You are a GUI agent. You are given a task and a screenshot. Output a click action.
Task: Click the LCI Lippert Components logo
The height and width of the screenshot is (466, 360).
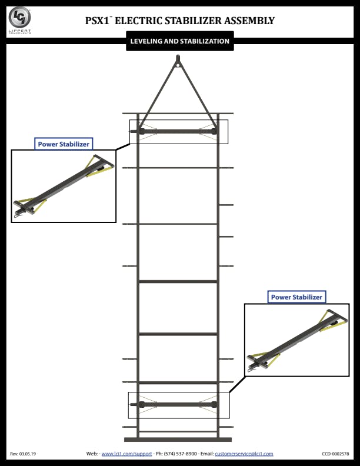click(x=19, y=20)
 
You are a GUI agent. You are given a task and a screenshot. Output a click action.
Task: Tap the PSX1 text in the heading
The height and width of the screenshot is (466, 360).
click(x=97, y=21)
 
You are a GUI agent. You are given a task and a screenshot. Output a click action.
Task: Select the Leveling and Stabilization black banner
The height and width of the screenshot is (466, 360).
click(x=179, y=41)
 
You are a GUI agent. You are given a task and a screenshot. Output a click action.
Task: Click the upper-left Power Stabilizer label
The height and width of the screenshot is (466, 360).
click(x=64, y=144)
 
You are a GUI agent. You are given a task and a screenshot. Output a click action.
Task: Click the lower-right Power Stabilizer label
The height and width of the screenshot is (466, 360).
click(x=296, y=297)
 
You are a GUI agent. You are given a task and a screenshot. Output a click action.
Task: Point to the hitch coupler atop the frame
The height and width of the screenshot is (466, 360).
click(x=178, y=61)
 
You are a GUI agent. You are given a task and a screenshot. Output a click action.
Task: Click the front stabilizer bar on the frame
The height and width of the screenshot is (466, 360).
click(x=178, y=131)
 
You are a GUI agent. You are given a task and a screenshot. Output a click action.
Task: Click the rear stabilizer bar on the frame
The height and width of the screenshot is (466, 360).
click(x=178, y=404)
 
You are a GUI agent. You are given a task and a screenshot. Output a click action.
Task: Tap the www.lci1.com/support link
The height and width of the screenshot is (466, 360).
click(x=126, y=454)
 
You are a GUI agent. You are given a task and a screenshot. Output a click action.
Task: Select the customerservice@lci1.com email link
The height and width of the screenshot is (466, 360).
click(x=244, y=454)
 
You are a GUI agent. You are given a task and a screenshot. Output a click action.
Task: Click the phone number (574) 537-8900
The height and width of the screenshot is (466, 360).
click(x=181, y=454)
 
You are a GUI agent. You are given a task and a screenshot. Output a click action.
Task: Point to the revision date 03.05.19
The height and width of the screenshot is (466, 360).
click(x=28, y=454)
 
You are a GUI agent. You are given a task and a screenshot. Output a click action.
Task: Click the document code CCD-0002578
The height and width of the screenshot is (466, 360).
click(x=335, y=454)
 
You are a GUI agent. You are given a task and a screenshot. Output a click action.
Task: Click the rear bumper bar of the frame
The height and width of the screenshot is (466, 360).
click(x=178, y=440)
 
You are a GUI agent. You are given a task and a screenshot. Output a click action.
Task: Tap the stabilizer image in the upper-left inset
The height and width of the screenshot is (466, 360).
click(x=64, y=187)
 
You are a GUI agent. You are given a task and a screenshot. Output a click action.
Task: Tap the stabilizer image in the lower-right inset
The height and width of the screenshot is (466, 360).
click(x=296, y=340)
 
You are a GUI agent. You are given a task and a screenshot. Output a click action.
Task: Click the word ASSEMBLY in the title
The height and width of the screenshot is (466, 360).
click(x=249, y=21)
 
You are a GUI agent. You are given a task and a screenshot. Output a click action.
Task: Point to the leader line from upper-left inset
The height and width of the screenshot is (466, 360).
click(x=123, y=147)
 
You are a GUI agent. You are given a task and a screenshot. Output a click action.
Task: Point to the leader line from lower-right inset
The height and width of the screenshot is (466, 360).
click(x=237, y=384)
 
